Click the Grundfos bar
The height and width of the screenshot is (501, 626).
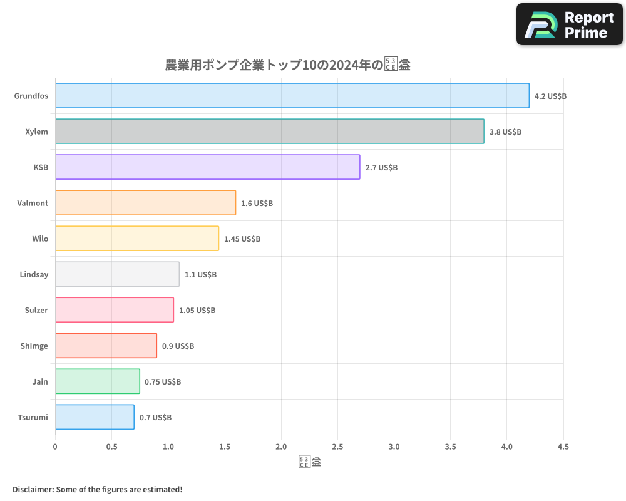tap(292, 96)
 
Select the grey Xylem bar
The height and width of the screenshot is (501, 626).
tap(269, 132)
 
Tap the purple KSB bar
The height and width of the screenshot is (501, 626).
tap(207, 167)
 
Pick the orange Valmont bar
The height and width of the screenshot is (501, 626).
tap(145, 203)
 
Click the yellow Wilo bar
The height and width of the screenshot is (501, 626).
tap(136, 239)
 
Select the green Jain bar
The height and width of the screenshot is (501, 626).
tap(97, 381)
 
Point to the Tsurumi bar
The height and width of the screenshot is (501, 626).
tap(95, 417)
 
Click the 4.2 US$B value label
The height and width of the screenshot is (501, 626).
tap(550, 96)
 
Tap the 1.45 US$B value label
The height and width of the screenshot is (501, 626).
tap(242, 239)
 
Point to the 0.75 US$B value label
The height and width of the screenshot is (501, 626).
tap(163, 382)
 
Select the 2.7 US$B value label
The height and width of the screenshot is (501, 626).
tap(381, 168)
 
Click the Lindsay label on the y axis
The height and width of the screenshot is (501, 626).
tap(34, 274)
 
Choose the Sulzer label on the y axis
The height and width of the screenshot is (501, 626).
tap(36, 310)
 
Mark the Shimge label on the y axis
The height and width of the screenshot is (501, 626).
tap(34, 346)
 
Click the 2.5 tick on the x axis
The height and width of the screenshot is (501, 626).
tap(337, 447)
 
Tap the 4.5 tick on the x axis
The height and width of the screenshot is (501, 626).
tap(563, 447)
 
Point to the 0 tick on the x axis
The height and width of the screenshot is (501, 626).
tap(55, 447)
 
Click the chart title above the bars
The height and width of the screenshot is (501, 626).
tap(287, 65)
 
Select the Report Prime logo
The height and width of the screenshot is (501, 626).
tap(569, 24)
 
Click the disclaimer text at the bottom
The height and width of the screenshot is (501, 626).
tap(97, 489)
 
